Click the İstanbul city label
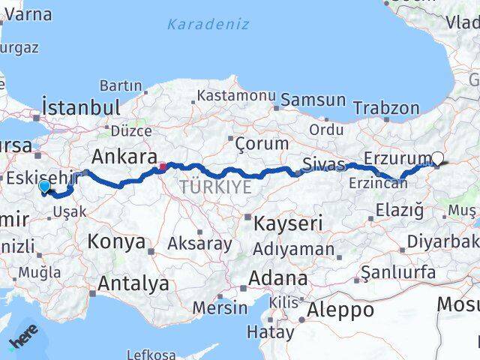click(82, 107)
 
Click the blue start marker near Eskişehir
click(44, 187)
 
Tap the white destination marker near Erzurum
click(438, 158)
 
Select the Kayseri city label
click(287, 223)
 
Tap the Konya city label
click(116, 241)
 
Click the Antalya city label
click(134, 283)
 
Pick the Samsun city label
click(313, 100)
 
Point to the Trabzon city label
click(387, 108)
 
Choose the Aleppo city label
click(340, 309)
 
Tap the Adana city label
click(278, 277)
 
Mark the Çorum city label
click(262, 142)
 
